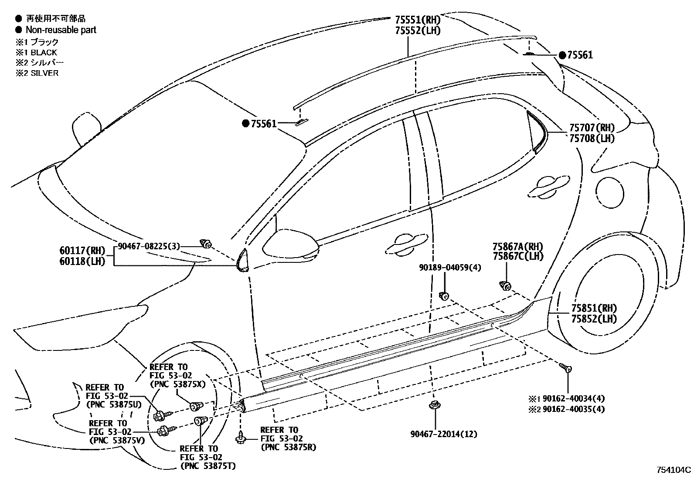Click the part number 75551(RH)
418,20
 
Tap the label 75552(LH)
418,31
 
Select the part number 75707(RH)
592,128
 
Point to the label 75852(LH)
594,319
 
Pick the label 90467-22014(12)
443,434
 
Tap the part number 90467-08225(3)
149,246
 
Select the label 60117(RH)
82,251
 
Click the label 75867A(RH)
518,247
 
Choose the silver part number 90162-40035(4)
574,409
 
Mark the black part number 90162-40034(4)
574,398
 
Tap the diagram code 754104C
674,469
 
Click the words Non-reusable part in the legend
61,30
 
